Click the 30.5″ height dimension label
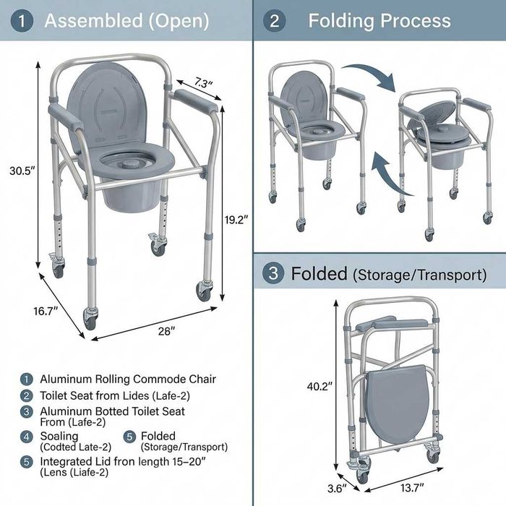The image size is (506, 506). [x=22, y=171]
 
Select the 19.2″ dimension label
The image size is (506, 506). [x=236, y=220]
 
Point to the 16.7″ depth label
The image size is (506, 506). [x=46, y=311]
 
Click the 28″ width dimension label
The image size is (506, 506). [x=166, y=331]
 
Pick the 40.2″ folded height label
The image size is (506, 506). [x=320, y=386]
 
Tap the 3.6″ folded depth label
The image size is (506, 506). [x=337, y=488]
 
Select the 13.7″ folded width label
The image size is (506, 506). [x=413, y=488]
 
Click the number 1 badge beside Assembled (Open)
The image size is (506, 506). [x=22, y=21]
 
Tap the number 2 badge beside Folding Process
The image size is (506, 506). [x=274, y=21]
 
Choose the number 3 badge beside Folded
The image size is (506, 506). [x=273, y=273]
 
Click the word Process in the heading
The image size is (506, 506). [x=416, y=21]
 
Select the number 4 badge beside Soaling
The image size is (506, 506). [x=27, y=437]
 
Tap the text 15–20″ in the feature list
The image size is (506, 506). [x=189, y=461]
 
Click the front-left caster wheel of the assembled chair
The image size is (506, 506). [x=90, y=320]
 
